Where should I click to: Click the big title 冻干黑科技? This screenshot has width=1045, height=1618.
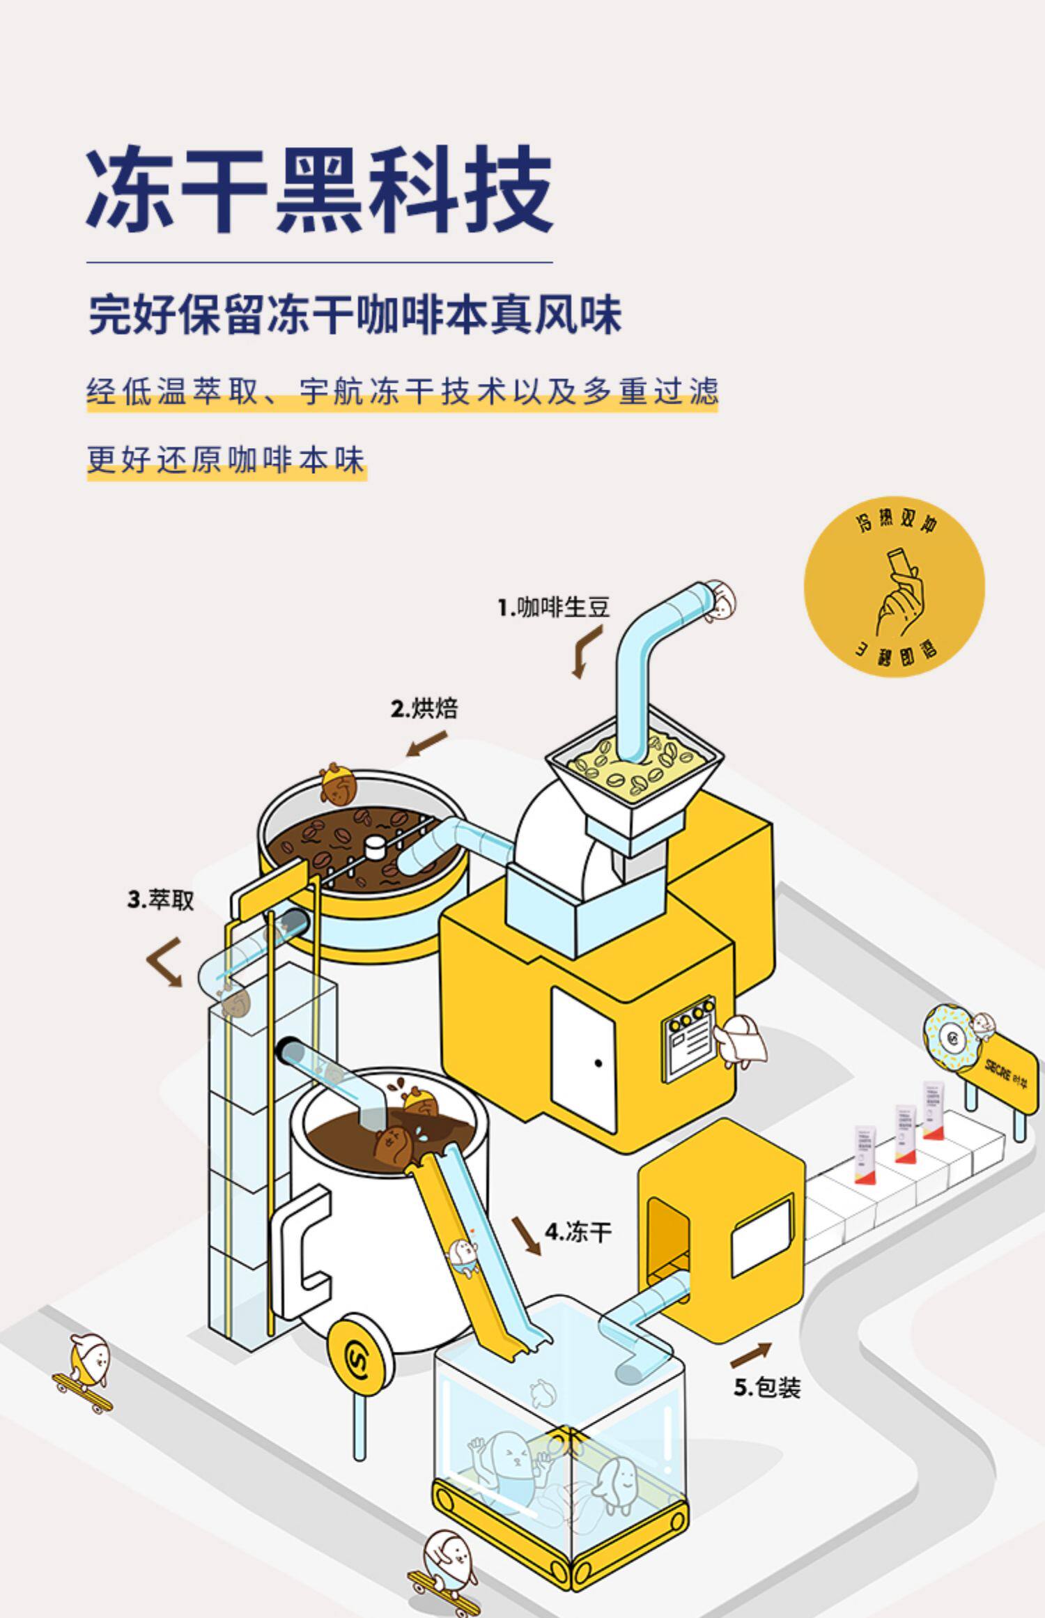pos(319,190)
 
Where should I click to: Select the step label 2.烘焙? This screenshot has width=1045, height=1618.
pos(424,709)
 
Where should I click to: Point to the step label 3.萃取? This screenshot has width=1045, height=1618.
pos(160,900)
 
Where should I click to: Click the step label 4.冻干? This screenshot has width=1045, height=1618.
pos(578,1232)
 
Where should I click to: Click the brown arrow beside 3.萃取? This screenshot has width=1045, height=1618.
pos(165,961)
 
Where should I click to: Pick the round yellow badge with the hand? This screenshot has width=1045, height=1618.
pos(894,587)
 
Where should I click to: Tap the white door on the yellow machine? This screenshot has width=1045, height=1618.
pos(584,1059)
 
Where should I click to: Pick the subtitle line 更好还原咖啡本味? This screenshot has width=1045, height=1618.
pos(226,461)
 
